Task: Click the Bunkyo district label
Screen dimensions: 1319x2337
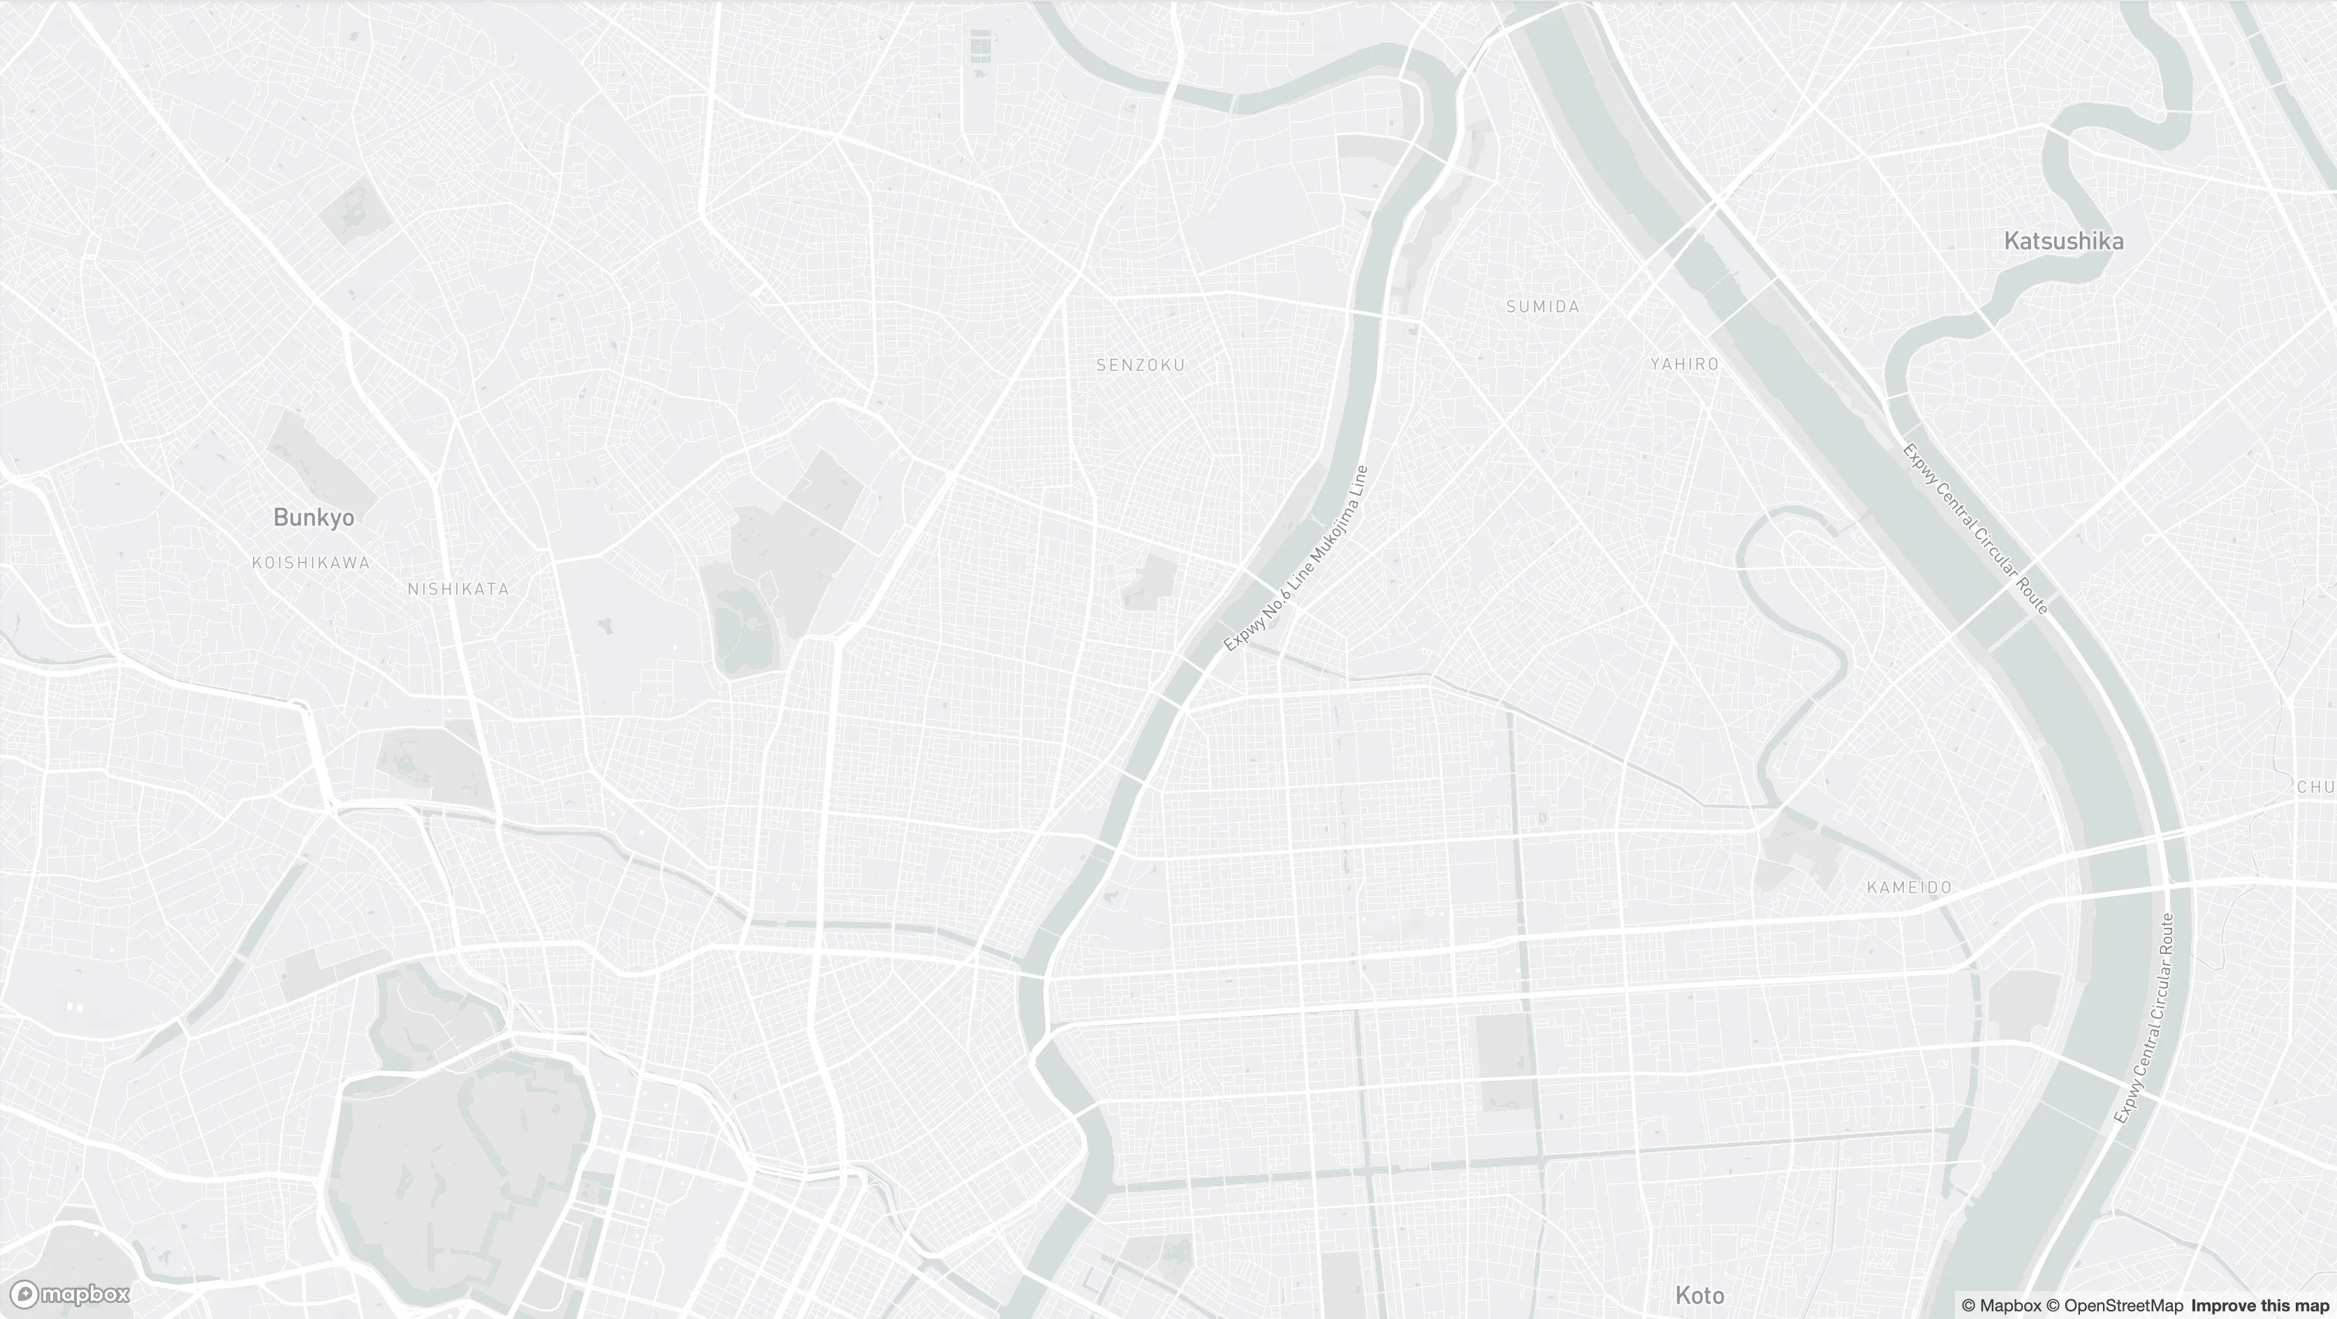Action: click(x=313, y=517)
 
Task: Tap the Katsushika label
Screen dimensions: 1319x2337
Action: click(x=2063, y=241)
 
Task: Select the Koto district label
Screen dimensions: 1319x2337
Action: click(x=1699, y=1295)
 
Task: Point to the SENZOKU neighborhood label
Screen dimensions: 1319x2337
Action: click(x=1141, y=365)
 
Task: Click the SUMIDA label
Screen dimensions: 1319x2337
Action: click(x=1542, y=307)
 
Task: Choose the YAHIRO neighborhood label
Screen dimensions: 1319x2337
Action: click(x=1684, y=364)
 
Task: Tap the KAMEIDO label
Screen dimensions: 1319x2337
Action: click(x=1909, y=887)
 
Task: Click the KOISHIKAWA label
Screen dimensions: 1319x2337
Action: click(x=310, y=562)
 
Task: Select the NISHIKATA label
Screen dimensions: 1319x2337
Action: click(x=458, y=589)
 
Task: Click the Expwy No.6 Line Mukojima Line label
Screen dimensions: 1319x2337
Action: click(x=1296, y=559)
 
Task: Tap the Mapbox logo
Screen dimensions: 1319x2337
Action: click(x=70, y=1294)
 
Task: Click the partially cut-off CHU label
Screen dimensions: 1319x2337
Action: click(x=2315, y=787)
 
